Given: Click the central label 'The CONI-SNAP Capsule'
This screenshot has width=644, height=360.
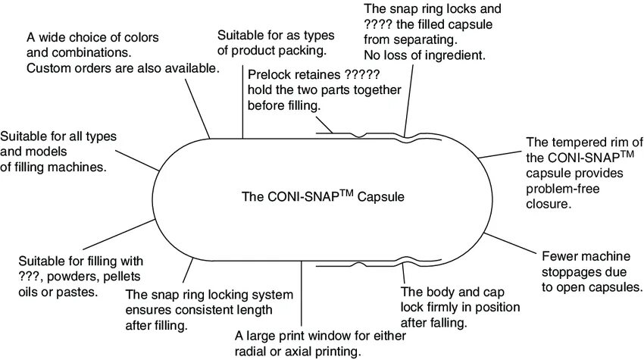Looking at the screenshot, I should click(324, 197).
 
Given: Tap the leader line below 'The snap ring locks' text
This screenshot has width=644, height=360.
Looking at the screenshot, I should click(410, 99).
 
